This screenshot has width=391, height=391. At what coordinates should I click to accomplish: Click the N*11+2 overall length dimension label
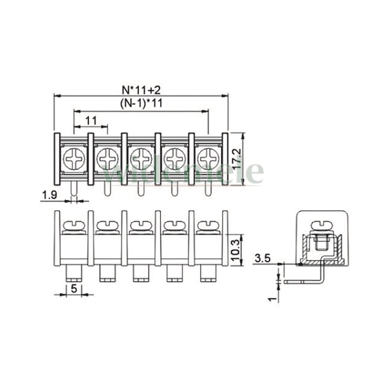click(141, 90)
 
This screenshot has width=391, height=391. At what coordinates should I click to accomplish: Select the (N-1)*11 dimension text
click(141, 103)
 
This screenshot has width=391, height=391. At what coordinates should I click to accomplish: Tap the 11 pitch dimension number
click(91, 121)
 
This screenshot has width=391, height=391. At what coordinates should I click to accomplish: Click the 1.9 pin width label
click(50, 195)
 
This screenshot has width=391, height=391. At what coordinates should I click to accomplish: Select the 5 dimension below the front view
click(74, 289)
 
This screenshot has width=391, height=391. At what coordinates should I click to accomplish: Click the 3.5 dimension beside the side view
click(263, 258)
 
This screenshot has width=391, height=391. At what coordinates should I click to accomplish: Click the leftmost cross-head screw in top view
click(74, 159)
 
